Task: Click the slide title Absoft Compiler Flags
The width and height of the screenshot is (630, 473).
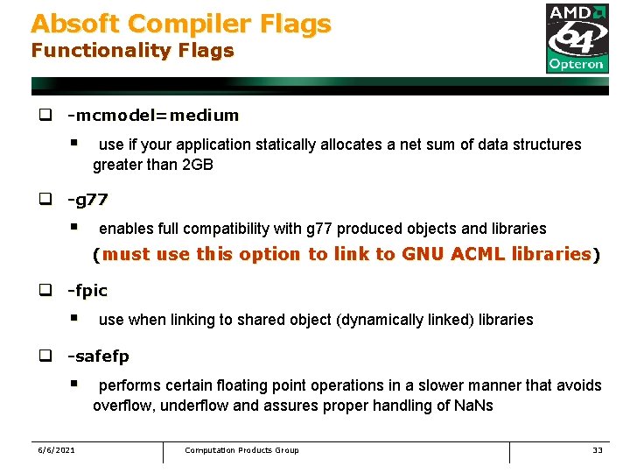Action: click(x=181, y=24)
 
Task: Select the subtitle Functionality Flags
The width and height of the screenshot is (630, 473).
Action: click(x=132, y=51)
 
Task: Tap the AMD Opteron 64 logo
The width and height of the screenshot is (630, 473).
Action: click(x=577, y=38)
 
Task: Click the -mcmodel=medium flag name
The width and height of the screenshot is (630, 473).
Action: click(x=153, y=115)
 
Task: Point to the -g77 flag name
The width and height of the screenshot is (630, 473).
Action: click(x=88, y=200)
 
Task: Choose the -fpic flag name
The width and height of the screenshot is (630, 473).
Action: click(x=87, y=290)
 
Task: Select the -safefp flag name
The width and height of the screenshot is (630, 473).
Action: click(x=99, y=357)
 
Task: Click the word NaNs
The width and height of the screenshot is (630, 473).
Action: click(x=472, y=405)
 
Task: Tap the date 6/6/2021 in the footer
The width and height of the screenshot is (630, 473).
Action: click(x=56, y=450)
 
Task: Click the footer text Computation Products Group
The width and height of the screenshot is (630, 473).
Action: click(x=241, y=450)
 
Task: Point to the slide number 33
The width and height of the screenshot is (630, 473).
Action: click(x=598, y=450)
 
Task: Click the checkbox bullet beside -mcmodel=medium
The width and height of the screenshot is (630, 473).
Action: click(x=42, y=115)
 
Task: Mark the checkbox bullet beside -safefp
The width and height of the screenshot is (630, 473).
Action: click(x=42, y=357)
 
